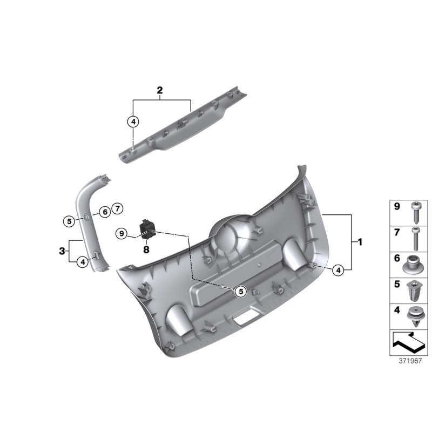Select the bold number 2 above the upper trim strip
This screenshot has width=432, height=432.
(x=160, y=91)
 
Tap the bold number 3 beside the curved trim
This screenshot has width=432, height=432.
(x=62, y=251)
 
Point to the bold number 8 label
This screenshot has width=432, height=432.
(x=146, y=249)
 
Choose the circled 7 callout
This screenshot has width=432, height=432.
(x=118, y=208)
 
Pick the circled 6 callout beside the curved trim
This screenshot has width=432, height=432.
(x=104, y=212)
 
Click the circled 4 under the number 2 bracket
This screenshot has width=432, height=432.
(x=133, y=122)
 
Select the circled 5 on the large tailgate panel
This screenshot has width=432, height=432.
(x=241, y=291)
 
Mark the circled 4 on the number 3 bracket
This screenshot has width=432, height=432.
(x=82, y=262)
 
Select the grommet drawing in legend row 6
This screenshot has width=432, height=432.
(x=413, y=265)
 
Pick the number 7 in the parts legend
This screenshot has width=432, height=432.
(x=396, y=232)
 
